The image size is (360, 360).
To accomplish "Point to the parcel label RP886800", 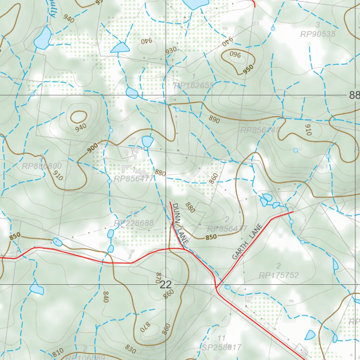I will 41,166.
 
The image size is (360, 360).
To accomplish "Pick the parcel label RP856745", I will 260,130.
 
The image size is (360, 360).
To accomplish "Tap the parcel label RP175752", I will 279,275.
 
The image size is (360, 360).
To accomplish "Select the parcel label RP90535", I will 318,34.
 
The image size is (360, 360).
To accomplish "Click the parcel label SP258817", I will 221,347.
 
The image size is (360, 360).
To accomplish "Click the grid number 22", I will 166,285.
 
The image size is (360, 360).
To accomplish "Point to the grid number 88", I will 354,95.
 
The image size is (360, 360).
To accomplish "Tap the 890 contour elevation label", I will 214,120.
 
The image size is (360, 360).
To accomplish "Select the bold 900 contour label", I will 93,149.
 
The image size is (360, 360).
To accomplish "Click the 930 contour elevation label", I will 171,50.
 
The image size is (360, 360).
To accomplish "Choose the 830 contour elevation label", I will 130,349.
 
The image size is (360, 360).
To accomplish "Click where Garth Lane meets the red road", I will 217,288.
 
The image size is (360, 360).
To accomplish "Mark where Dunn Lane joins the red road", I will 184,249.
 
